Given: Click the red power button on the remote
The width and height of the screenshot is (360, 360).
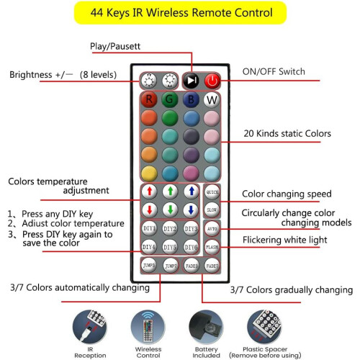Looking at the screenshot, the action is [212, 81].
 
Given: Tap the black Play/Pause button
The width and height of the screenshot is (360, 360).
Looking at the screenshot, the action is [192, 81].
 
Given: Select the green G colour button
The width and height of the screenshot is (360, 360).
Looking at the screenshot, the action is [170, 99].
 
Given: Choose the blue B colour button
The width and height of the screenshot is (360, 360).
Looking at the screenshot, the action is [191, 99].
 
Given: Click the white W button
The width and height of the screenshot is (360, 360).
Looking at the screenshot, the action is [212, 99].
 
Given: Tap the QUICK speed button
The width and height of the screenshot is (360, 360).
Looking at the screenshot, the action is [212, 192].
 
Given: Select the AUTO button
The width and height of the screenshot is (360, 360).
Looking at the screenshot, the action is [212, 229].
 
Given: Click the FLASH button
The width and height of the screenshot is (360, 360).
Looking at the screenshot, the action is [212, 247].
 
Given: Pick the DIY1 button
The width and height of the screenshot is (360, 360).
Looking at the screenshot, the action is [149, 228].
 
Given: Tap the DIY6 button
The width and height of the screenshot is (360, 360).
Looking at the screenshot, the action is [192, 247].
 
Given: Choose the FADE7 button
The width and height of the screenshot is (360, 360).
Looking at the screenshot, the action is [212, 266].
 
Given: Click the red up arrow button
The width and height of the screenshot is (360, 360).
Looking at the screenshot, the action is [149, 192].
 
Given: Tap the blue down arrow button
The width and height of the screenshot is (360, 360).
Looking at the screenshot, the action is [191, 210].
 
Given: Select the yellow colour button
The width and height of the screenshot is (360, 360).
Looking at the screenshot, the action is [149, 174].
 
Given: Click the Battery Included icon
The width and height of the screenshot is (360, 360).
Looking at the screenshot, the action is [206, 327].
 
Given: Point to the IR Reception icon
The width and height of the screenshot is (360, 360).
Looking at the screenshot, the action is [90, 327].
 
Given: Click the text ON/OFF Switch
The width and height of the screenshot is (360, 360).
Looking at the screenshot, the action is [274, 71].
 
